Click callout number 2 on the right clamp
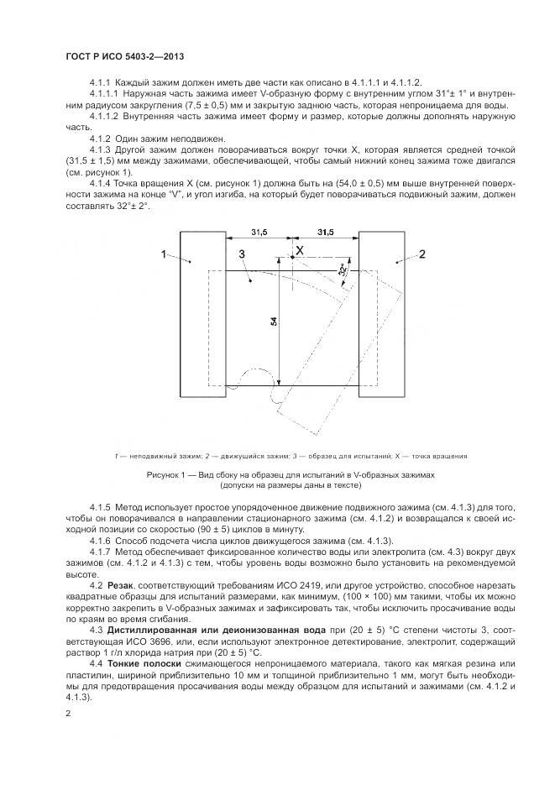pyautogui.click(x=422, y=253)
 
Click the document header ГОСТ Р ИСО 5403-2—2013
pyautogui.click(x=124, y=55)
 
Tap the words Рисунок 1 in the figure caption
pyautogui.click(x=168, y=475)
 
